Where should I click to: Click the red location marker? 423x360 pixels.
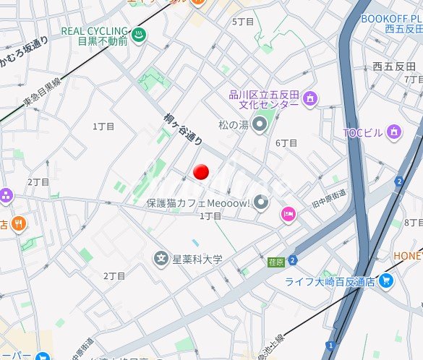(202, 171)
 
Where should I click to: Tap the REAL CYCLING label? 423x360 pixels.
(94, 32)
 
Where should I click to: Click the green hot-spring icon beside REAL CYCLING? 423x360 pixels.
(140, 33)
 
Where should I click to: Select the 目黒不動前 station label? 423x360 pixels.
(103, 42)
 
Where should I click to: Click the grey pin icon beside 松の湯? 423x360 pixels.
(260, 125)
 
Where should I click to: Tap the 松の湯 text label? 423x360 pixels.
(233, 125)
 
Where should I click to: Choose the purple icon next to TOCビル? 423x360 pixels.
(393, 132)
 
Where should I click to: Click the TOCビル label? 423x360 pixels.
(364, 132)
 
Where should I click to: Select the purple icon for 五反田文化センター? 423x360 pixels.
(309, 98)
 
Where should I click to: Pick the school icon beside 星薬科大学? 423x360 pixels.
(161, 258)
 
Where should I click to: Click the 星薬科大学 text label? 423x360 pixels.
(197, 259)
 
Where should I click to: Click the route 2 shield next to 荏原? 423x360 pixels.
(292, 260)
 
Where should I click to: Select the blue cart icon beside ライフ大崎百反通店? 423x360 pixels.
(385, 280)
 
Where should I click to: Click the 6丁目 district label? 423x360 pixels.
(286, 143)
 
